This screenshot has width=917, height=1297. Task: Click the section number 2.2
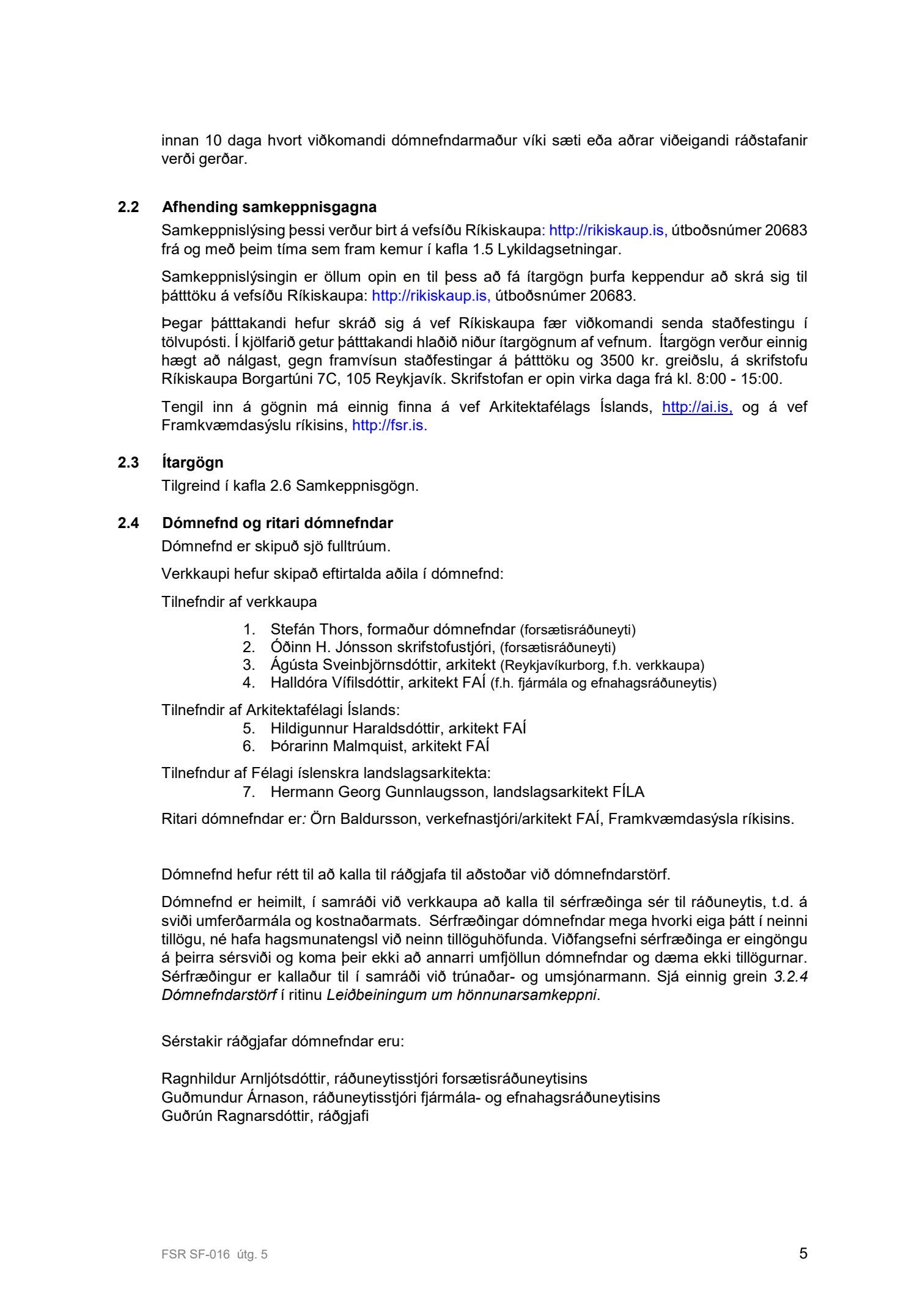point(128,207)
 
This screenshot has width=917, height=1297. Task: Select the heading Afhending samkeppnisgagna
point(269,207)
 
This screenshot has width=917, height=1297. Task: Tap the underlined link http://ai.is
point(697,407)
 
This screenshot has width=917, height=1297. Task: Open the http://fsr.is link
point(389,425)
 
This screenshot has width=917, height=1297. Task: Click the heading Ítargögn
point(193,462)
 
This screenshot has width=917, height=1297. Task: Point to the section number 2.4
point(128,523)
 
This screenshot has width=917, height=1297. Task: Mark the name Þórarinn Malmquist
point(337,746)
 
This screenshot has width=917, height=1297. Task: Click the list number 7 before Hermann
point(248,792)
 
